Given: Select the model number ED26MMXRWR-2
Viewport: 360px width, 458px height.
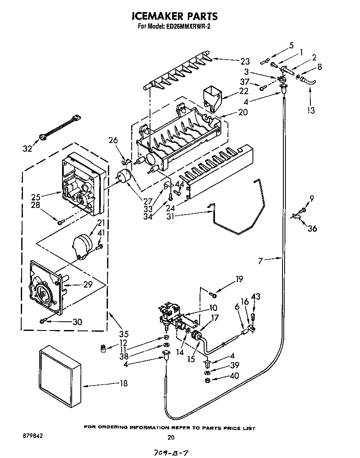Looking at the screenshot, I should coord(193,27).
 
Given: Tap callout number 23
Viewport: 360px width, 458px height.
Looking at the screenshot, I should coord(245,61).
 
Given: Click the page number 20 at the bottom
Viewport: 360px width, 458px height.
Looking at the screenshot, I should coord(170,437).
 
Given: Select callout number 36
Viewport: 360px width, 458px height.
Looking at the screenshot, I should coord(312,228).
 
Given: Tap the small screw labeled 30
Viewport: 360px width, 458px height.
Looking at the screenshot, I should coord(43,320).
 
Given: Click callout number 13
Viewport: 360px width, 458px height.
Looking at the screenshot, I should coord(311,110).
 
